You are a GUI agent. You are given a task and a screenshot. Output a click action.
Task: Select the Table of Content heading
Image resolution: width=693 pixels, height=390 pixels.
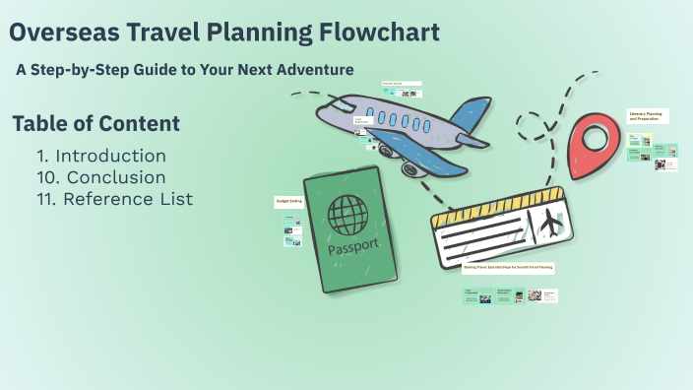95,124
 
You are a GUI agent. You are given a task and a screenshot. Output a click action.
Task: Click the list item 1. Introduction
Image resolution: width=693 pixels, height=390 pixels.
100,156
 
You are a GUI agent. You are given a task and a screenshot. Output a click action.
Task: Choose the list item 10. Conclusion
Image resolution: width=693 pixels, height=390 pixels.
100,177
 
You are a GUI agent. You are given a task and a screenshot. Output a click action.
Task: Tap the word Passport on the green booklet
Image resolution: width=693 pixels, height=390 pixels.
352,247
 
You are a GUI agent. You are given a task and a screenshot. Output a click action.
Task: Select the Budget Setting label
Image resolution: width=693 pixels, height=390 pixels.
287,201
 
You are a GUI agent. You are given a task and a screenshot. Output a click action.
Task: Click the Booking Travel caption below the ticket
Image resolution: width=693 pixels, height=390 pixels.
509,267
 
